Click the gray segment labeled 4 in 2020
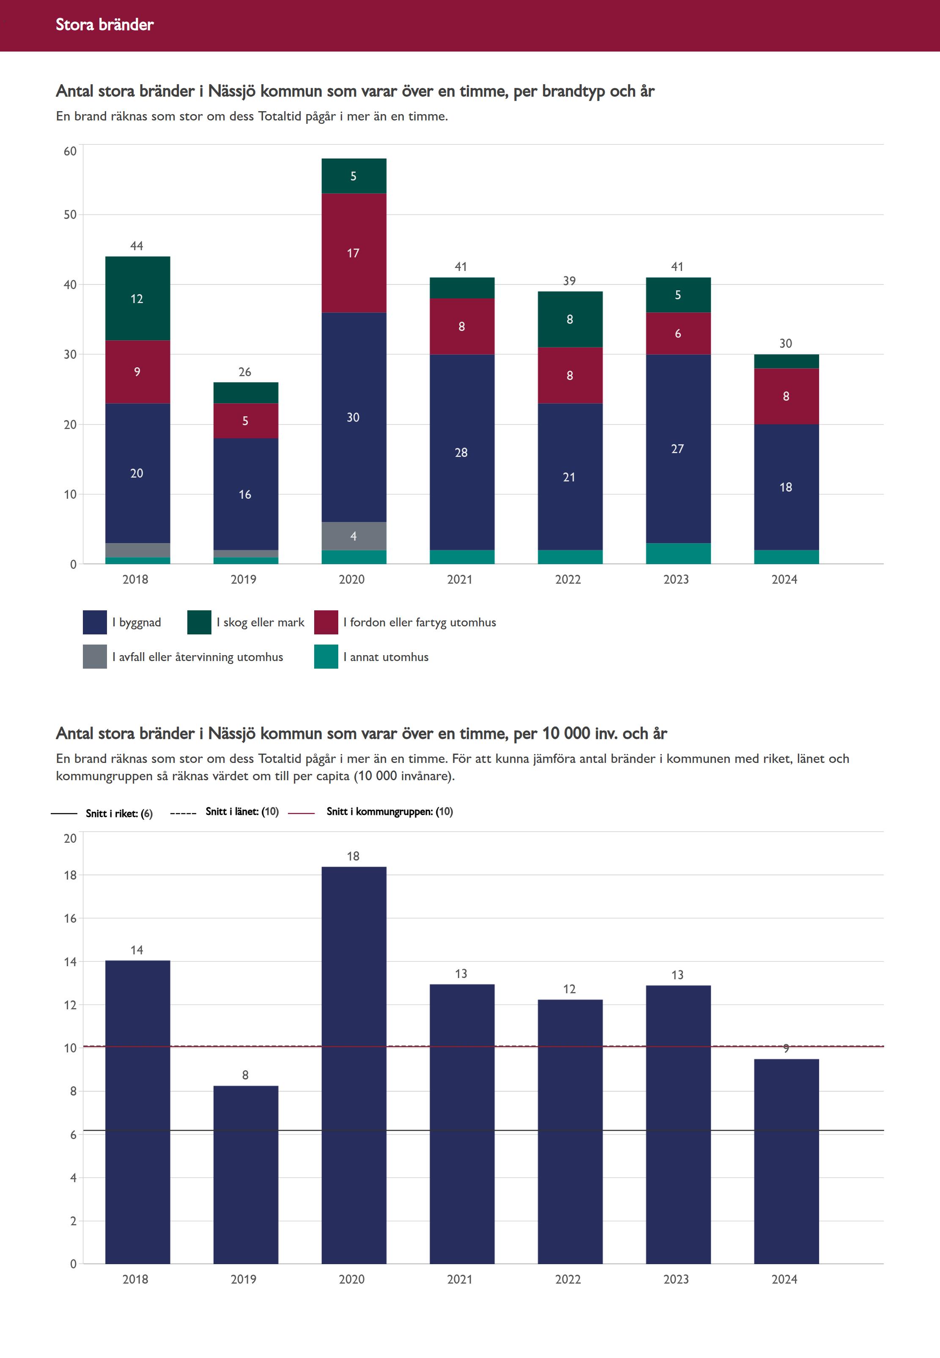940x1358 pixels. pos(354,536)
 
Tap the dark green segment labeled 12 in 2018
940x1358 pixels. pos(137,298)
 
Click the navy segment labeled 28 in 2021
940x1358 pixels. pos(462,452)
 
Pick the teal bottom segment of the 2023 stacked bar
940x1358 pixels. pos(678,553)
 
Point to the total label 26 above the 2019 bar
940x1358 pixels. pos(245,372)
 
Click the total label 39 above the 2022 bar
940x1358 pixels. pos(570,281)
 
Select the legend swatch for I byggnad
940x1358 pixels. pos(95,622)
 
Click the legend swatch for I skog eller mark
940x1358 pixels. pos(199,622)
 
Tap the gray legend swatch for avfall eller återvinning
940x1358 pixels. pos(95,657)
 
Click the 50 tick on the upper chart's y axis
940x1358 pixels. pos(70,215)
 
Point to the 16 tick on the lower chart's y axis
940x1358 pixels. pos(70,918)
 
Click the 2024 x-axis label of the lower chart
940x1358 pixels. pos(784,1279)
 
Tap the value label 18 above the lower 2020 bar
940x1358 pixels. pos(354,856)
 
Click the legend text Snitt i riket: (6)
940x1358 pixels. pos(119,814)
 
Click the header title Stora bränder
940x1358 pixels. pos(105,25)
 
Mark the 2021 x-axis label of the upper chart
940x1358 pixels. pos(460,579)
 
